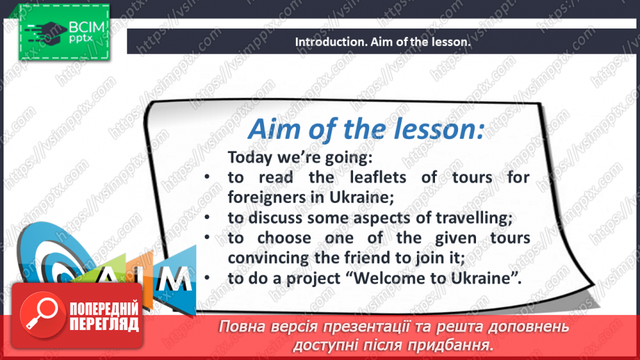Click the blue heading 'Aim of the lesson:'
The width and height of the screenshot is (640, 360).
pyautogui.click(x=366, y=129)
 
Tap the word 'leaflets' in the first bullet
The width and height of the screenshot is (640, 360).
pyautogui.click(x=377, y=177)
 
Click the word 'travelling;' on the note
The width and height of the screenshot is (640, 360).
pyautogui.click(x=474, y=218)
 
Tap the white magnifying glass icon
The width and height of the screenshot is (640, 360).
pyautogui.click(x=41, y=313)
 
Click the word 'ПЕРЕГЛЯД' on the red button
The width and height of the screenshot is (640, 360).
pyautogui.click(x=104, y=324)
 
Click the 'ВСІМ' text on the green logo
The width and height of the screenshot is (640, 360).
pyautogui.click(x=87, y=27)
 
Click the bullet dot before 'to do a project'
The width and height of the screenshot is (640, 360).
pyautogui.click(x=207, y=278)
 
